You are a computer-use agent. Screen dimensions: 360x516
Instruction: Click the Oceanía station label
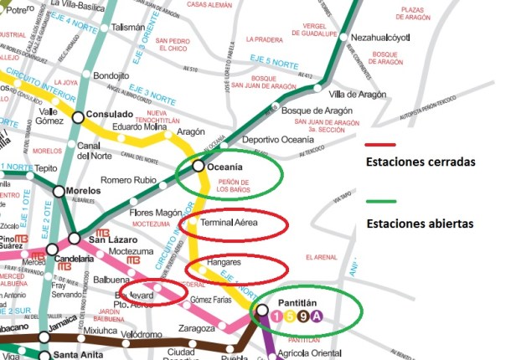click(224, 166)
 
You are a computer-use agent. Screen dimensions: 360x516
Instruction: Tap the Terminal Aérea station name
click(236, 224)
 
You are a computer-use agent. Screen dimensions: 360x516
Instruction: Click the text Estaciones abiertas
click(420, 224)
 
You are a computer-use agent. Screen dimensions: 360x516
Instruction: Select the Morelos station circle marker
click(59, 191)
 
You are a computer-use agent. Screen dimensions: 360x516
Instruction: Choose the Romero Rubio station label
click(128, 180)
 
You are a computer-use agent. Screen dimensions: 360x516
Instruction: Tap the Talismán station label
click(127, 28)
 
